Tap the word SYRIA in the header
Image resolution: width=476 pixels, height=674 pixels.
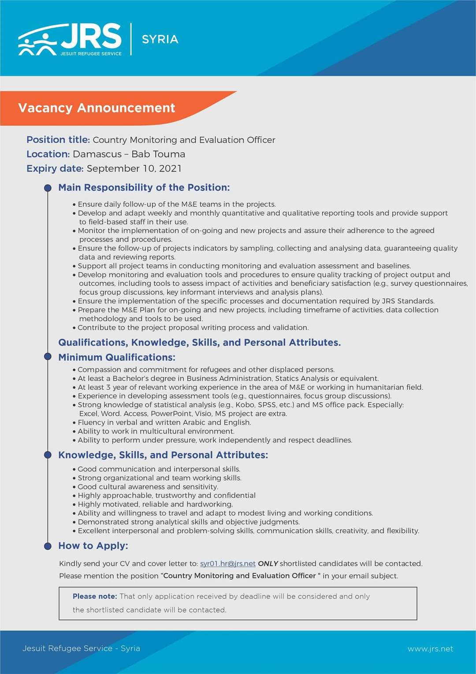160,39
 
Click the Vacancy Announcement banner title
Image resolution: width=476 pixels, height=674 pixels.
97,108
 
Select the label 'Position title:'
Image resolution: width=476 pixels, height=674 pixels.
58,140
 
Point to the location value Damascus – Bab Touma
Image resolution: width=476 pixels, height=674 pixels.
129,154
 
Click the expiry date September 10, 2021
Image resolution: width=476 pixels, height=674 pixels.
134,168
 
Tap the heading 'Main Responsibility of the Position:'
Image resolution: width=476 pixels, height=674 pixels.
144,187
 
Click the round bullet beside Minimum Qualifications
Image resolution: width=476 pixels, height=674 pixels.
48,356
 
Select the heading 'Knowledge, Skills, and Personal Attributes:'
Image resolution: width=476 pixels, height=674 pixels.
163,455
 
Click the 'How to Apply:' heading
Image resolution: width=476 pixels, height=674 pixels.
93,546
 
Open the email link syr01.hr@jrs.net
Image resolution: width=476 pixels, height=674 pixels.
228,563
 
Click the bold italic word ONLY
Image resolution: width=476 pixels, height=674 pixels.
268,563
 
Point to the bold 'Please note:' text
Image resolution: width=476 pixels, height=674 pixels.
95,596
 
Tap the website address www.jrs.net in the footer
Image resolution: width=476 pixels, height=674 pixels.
430,649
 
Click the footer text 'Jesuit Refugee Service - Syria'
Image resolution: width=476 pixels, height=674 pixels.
81,648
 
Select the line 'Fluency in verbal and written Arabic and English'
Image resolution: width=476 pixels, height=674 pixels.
164,422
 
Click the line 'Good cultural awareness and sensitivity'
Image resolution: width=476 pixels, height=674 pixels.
148,487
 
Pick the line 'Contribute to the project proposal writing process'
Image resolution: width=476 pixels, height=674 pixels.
193,327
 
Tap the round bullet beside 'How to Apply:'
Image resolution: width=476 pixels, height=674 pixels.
48,546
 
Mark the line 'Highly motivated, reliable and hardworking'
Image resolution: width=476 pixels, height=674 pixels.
155,504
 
